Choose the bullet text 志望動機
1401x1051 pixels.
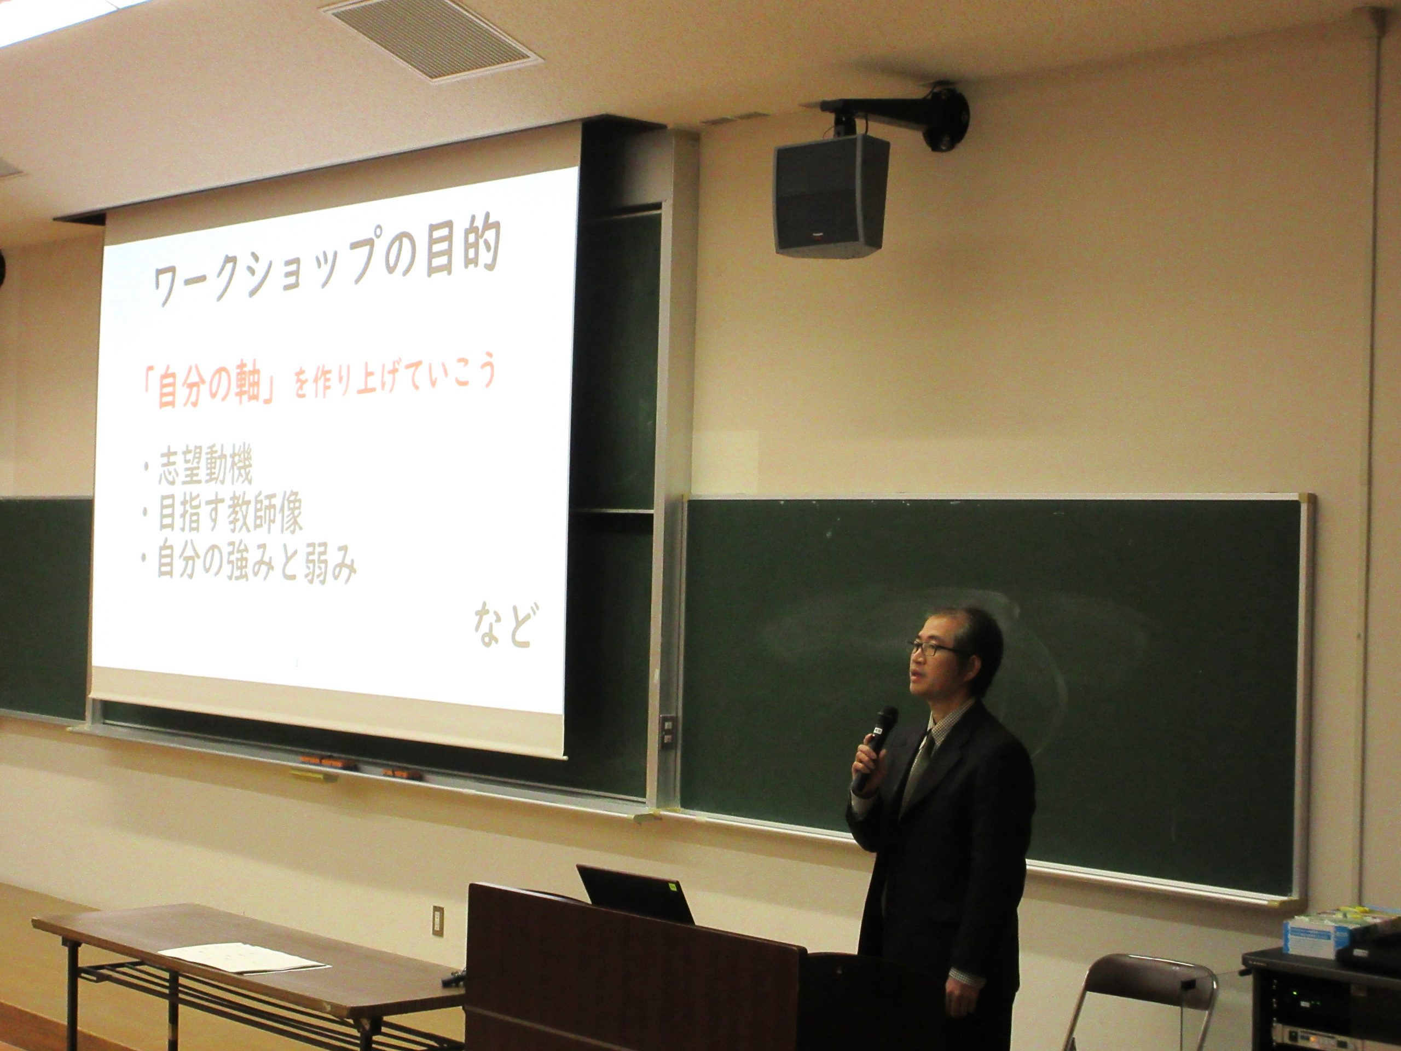coord(196,470)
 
